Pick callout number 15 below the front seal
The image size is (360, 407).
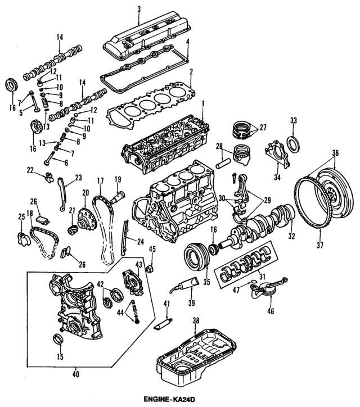tap(60, 356)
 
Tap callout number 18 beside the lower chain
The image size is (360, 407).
tap(29, 214)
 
